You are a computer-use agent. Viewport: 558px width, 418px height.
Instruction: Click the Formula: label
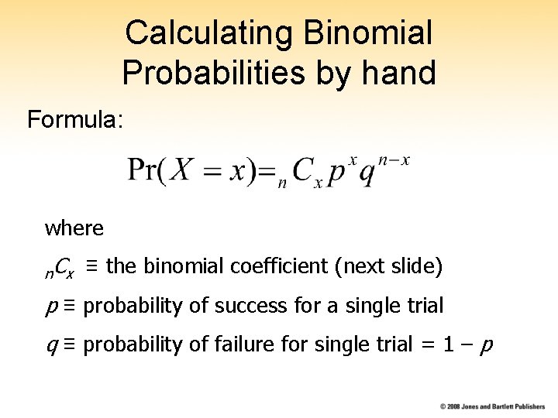[74, 120]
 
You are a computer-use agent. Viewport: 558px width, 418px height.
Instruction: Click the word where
[74, 228]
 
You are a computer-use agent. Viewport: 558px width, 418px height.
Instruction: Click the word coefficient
[278, 267]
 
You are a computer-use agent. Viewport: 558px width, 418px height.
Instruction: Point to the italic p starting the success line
[50, 307]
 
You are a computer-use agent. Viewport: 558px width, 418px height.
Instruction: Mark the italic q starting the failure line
[50, 346]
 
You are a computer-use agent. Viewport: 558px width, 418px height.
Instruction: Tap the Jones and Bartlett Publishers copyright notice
[493, 406]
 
